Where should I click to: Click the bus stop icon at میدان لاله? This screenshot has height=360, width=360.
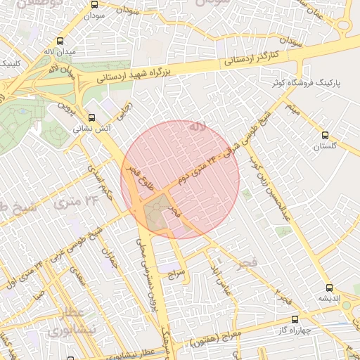click(x=58, y=41)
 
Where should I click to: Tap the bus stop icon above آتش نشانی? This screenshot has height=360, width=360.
click(x=91, y=117)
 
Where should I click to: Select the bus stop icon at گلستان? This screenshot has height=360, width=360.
click(x=324, y=134)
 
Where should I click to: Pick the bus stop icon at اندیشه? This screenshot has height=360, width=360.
click(x=329, y=287)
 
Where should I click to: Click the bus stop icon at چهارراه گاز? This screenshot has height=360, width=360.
click(x=294, y=319)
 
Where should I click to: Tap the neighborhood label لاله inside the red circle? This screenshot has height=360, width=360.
click(x=197, y=127)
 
